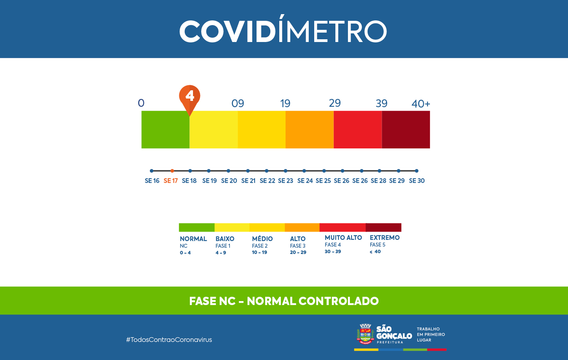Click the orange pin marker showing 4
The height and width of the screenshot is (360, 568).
pos(189,97)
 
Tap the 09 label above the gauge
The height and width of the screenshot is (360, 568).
pos(238,104)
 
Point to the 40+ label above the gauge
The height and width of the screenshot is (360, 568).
pos(421,104)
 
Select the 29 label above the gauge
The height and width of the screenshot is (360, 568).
pos(335,103)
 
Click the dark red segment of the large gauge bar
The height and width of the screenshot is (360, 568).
pos(406,130)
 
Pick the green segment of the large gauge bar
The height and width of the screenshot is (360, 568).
pos(165,130)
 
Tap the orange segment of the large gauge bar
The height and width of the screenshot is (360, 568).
pos(309,130)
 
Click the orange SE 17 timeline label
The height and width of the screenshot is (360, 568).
pos(171,181)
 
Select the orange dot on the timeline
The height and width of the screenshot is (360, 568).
pos(172,171)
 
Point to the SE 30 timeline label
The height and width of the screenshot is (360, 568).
pos(417,181)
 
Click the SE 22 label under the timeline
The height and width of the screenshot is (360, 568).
pos(267,181)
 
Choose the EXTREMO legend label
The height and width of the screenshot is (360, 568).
pos(384,238)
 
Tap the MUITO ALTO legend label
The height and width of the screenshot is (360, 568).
pos(343,238)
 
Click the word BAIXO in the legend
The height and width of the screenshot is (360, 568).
pos(225,239)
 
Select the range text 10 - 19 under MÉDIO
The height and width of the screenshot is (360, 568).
pos(259,252)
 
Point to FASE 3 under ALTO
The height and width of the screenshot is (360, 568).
pos(298,246)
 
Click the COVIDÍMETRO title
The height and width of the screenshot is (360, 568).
pos(283,31)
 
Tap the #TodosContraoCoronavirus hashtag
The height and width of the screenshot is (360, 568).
pos(169,340)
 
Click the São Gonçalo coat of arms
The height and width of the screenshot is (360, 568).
pos(365,334)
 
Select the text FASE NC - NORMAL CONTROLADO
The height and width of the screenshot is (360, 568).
pos(284,301)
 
